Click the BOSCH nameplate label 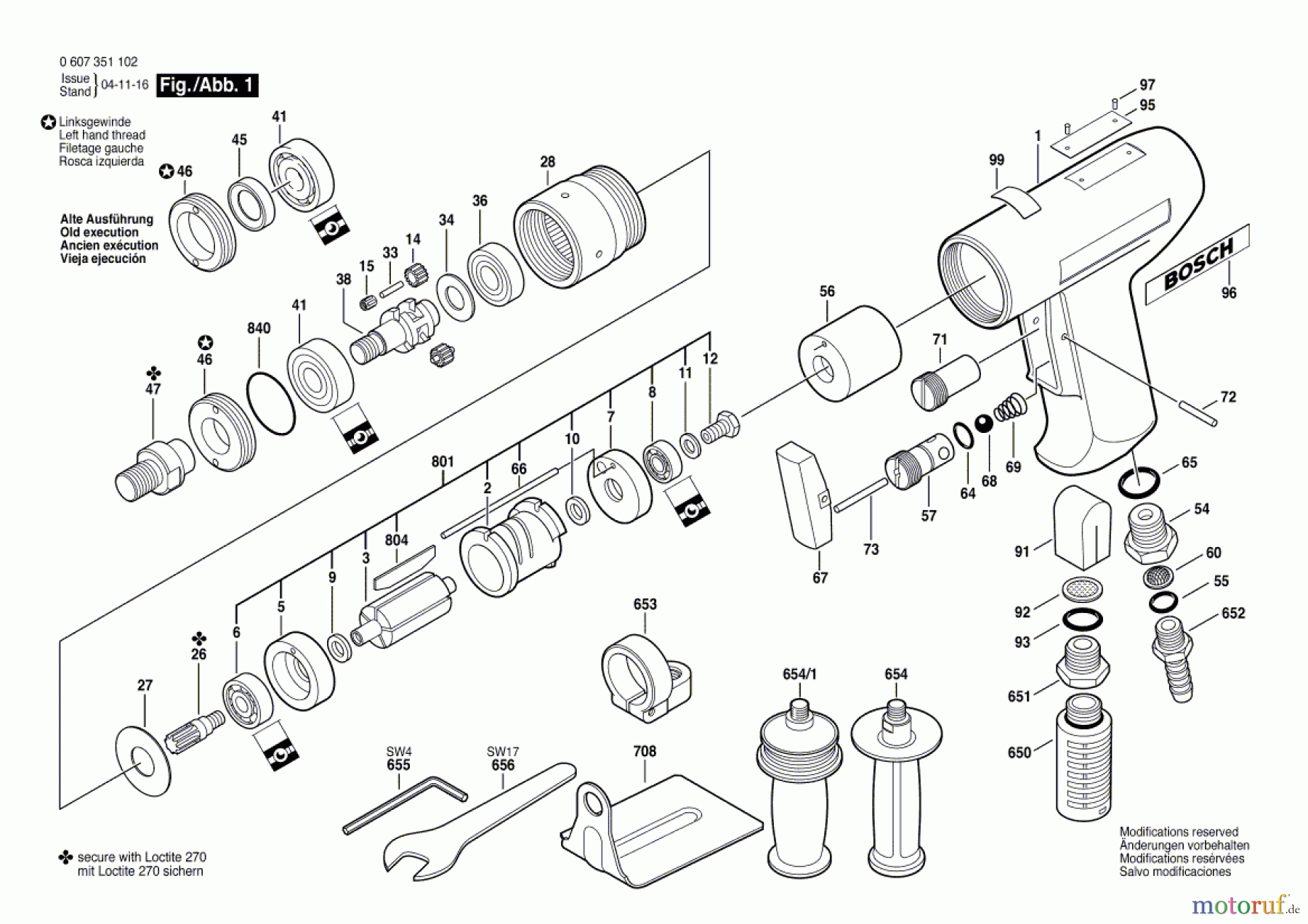click(x=1197, y=264)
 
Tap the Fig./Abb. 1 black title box click(x=208, y=85)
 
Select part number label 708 click(x=645, y=751)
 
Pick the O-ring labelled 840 click(x=271, y=403)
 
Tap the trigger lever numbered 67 click(x=804, y=495)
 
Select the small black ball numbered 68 click(x=983, y=423)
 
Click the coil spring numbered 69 click(x=1010, y=407)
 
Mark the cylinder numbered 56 click(x=850, y=353)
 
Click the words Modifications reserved click(x=1179, y=832)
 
